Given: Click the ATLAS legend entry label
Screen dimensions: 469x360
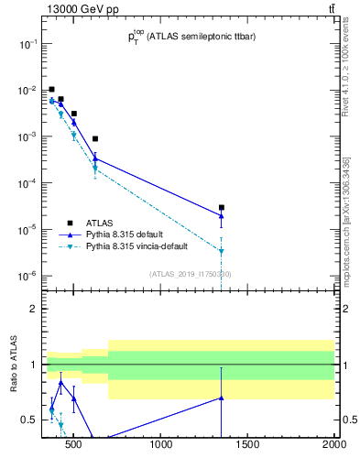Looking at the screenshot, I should [x=100, y=223].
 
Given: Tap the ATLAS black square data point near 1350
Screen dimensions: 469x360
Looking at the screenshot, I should [x=221, y=208].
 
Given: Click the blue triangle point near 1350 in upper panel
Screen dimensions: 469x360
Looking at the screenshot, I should [x=221, y=216].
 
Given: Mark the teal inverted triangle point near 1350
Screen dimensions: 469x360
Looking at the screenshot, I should [x=221, y=251].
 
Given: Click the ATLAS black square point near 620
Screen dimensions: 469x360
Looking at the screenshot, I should [x=94, y=139].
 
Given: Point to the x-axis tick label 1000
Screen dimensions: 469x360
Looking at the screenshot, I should [x=162, y=446].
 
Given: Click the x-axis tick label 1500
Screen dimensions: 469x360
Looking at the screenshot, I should [x=247, y=446].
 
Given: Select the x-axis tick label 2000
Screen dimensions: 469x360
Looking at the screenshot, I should [x=333, y=446].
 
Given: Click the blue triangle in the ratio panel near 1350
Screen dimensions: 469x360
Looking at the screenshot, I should [x=221, y=398].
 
